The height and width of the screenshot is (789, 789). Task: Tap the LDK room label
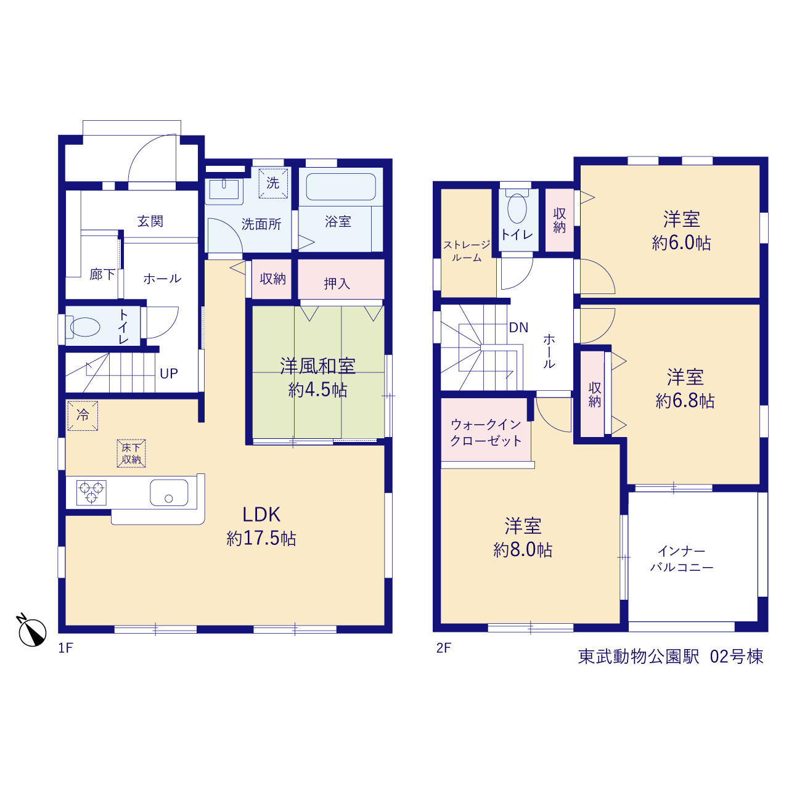coord(261,515)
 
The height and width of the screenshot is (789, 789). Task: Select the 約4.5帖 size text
coord(317,390)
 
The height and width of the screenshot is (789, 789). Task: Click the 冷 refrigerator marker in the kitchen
coord(83,415)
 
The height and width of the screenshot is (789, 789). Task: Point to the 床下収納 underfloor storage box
coord(131,453)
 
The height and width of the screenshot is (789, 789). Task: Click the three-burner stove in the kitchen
coord(91,493)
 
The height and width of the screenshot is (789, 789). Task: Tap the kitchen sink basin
coord(169,493)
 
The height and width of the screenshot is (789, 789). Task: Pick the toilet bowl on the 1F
coord(84,327)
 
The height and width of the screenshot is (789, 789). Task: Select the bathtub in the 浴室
coord(341,187)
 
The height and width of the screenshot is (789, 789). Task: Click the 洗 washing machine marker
coord(273,183)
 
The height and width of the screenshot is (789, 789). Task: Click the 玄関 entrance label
coord(150,221)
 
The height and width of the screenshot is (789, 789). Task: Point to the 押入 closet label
coord(337,284)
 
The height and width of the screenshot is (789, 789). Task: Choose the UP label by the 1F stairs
coord(169,374)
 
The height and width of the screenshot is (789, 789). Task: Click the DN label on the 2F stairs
coord(518,327)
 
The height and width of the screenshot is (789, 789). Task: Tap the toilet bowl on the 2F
coord(517,208)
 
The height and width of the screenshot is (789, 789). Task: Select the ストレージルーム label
coord(467,251)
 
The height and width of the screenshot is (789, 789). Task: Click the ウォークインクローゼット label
coord(486,433)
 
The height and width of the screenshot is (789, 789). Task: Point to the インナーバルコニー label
coord(682,559)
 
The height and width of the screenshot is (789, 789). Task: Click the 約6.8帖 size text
coord(685,401)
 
